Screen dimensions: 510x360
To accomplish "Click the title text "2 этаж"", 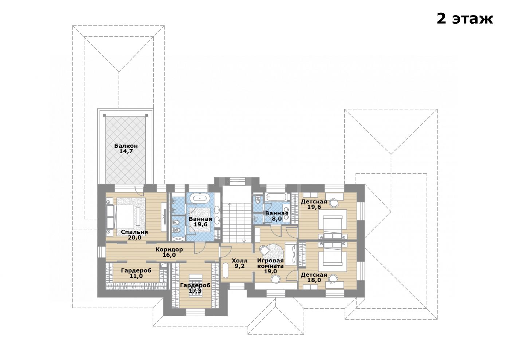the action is tap(464, 19).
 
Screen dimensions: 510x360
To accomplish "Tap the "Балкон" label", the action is tap(126, 146).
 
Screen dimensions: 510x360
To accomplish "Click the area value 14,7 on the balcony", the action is tap(126, 151).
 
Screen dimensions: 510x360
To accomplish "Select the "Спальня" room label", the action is tap(134, 232).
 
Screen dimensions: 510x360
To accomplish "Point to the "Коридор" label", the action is tap(169, 249).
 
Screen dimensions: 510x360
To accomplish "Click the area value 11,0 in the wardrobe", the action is tap(136, 276).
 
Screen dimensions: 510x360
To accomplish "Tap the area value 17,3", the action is tap(195, 290).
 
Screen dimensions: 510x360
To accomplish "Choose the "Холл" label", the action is tap(239, 261).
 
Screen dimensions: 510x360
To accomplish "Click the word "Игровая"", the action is tap(270, 261).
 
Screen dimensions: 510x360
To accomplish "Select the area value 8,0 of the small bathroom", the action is tap(276, 219).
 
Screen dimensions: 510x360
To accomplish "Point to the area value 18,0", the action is tap(314, 280).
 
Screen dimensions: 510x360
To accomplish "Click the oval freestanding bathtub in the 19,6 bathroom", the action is tap(200, 198).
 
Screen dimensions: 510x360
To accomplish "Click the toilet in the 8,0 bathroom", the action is tap(258, 199).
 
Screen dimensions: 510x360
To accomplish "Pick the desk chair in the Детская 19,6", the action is tap(334, 203).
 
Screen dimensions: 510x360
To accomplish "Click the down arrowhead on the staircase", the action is tap(244, 241).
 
